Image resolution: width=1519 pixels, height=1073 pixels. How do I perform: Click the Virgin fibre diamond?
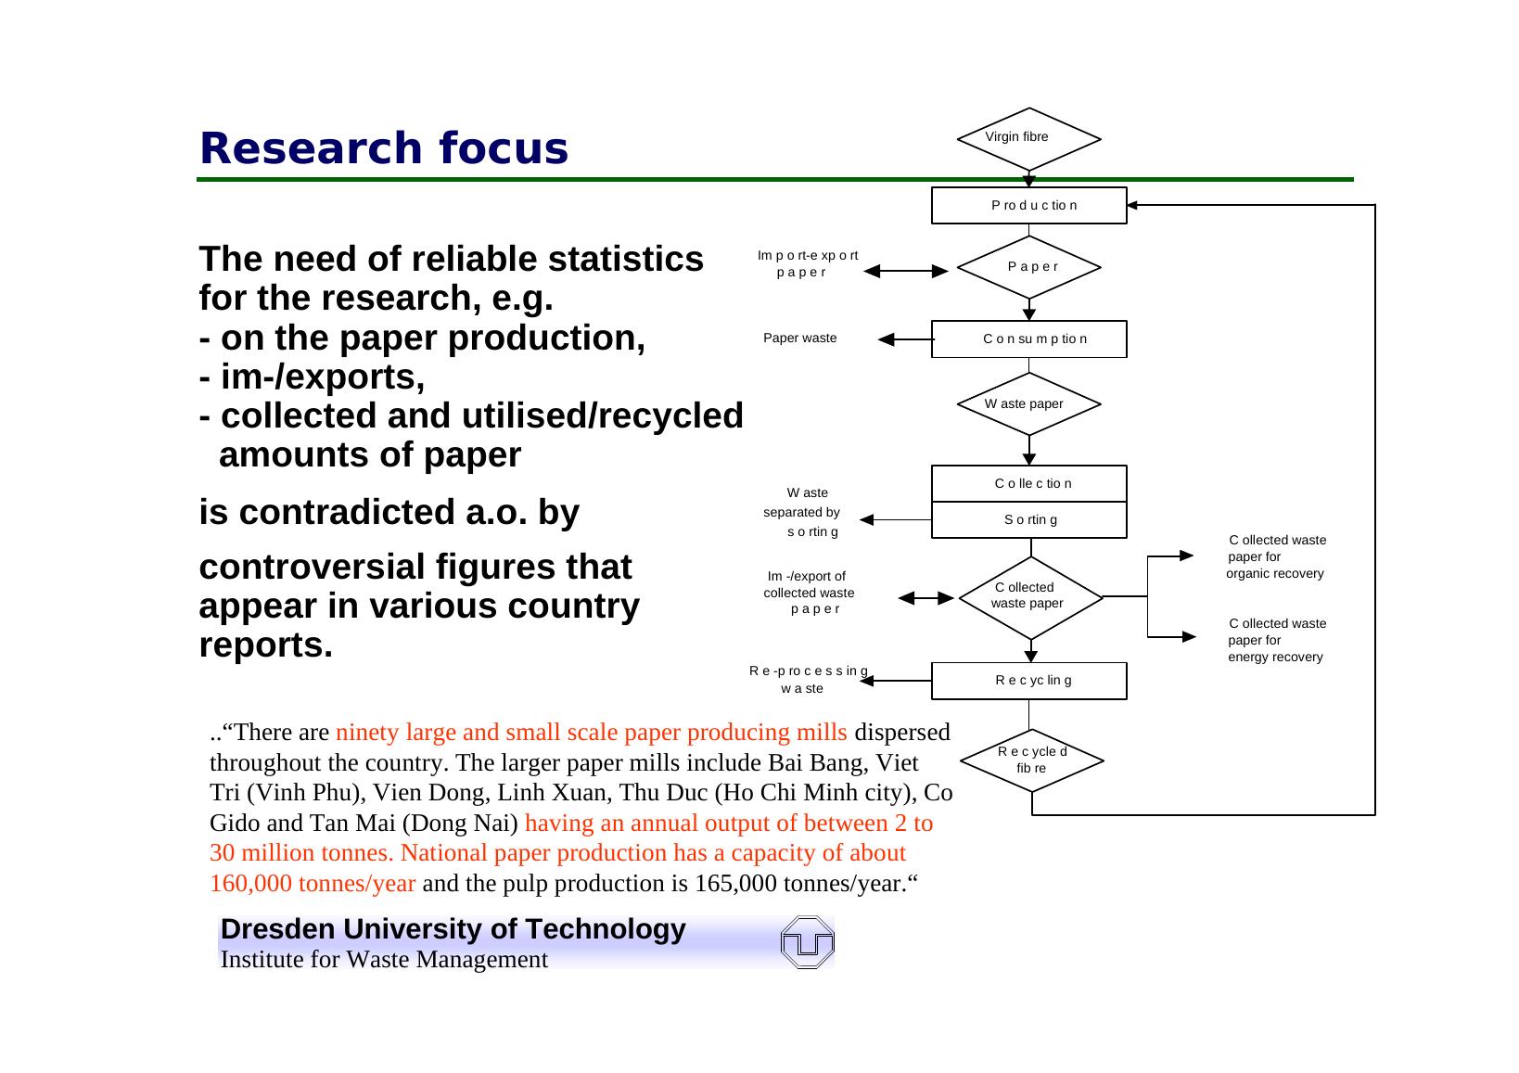1028,139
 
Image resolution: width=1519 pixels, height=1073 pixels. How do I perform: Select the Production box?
1028,205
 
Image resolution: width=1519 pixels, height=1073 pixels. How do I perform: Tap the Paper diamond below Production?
1028,267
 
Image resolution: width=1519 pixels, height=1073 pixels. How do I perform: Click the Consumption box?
1028,339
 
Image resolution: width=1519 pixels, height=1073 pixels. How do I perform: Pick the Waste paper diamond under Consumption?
1028,403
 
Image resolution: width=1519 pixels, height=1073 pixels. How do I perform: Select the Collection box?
1028,483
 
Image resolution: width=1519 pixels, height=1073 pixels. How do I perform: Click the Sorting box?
1028,519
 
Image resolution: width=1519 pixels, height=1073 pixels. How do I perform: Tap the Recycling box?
1028,680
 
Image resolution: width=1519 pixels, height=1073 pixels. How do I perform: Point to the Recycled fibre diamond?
1031,760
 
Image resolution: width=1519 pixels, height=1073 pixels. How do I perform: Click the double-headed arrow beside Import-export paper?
906,271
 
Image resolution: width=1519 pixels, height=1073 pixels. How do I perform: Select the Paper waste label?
799,339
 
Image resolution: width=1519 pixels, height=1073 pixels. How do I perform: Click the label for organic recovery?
1276,556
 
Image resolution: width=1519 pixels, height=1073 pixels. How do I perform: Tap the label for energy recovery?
1276,640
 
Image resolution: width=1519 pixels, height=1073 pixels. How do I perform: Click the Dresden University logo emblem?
808,943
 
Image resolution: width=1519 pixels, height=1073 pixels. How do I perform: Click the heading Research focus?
383,148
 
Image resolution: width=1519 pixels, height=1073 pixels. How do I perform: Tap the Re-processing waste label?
808,680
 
